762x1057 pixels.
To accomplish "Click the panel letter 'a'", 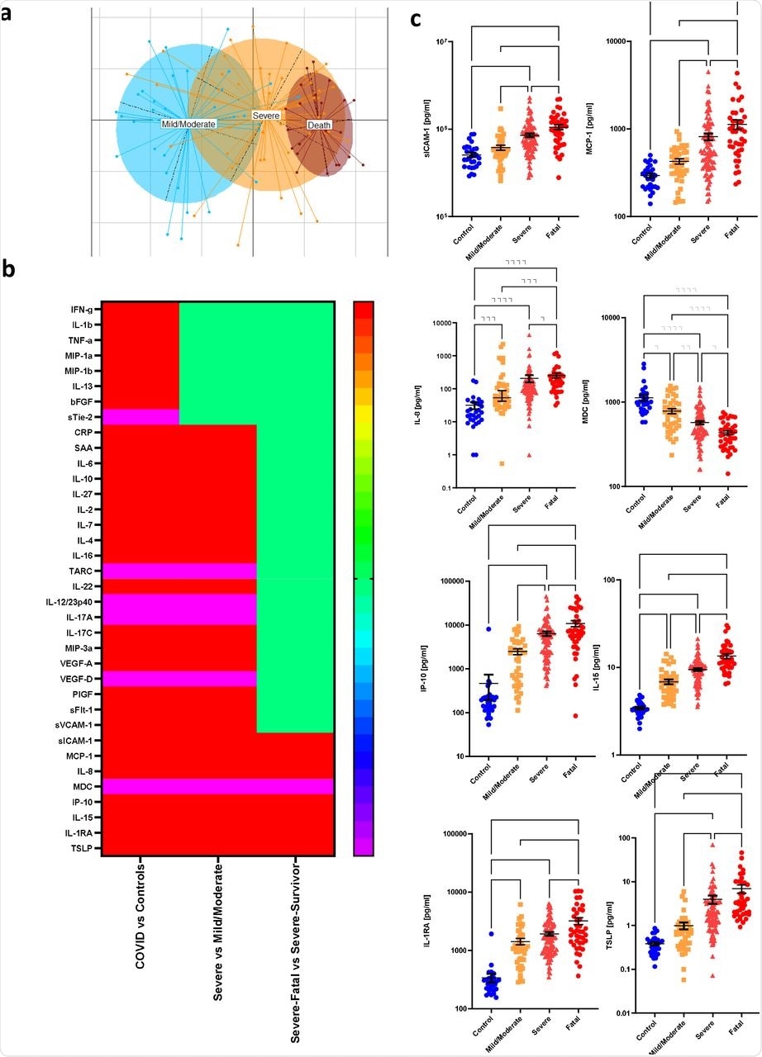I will click(7, 14).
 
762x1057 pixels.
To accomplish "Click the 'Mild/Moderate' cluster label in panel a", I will click(188, 123).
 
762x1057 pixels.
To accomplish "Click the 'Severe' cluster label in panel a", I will click(266, 116).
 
